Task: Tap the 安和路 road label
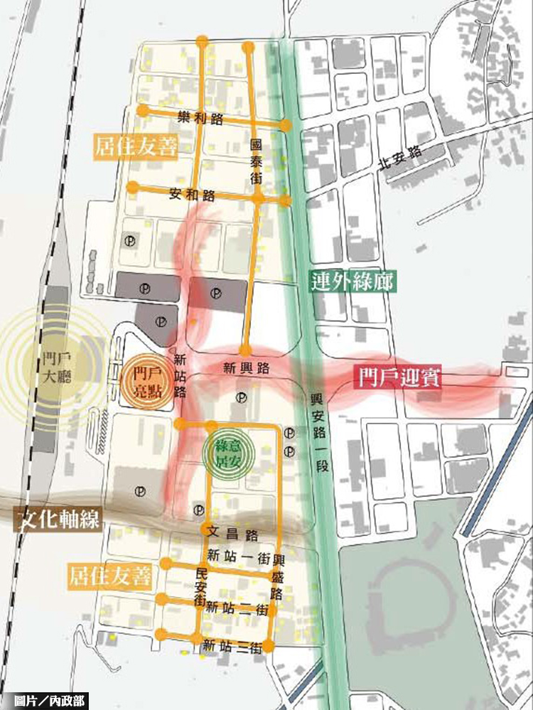pyautogui.click(x=193, y=193)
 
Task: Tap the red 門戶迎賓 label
pyautogui.click(x=399, y=377)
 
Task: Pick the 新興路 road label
pyautogui.click(x=246, y=368)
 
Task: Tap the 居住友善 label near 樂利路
pyautogui.click(x=135, y=147)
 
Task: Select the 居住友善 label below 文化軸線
pyautogui.click(x=110, y=576)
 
